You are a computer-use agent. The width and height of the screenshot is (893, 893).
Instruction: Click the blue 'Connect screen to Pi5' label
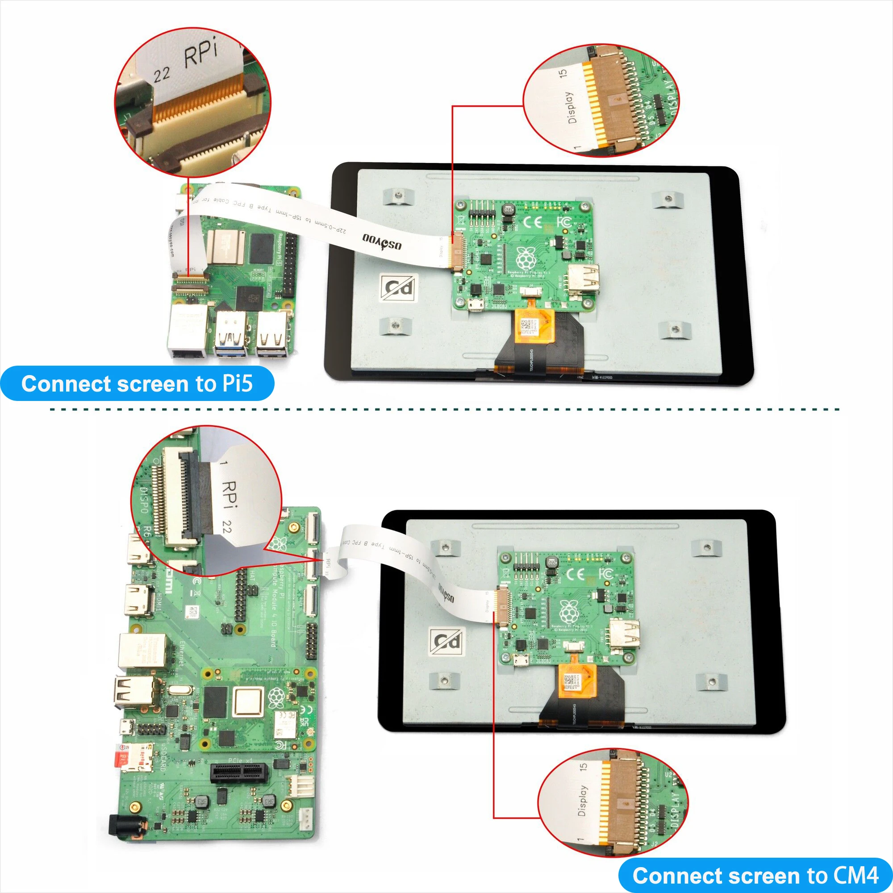point(137,384)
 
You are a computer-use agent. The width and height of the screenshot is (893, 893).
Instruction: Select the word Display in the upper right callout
point(572,107)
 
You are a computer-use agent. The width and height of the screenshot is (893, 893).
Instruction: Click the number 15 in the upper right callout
point(563,73)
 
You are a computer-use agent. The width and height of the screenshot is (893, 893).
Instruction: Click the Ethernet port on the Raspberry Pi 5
point(188,330)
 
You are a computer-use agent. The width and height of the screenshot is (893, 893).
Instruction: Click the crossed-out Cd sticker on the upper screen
point(398,288)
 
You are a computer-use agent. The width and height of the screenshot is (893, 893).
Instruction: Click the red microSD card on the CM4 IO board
point(122,759)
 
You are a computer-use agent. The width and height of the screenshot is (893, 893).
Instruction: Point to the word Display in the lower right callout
point(582,800)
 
